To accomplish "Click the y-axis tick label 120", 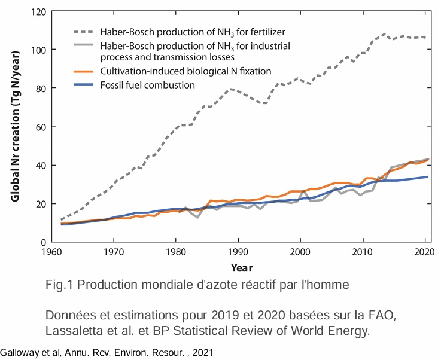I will point(38,11).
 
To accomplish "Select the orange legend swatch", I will point(85,71).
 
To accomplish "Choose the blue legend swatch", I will point(85,85).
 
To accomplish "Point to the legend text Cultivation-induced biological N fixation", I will point(186,71).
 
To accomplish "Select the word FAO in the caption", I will point(378,315).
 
